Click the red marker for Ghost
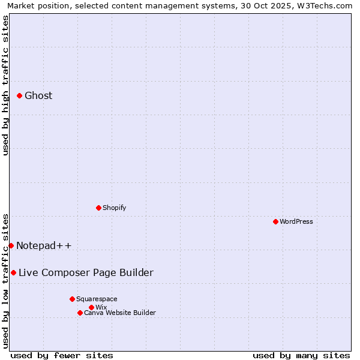19,95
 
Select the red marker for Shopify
98,208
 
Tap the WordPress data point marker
275,221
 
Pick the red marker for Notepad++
11,245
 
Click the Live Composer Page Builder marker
13,272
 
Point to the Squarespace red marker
72,299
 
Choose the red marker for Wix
91,307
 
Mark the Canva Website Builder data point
80,313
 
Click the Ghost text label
38,95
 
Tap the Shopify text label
114,208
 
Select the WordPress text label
296,221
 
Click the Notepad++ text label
44,245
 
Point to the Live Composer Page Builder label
86,272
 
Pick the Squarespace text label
97,299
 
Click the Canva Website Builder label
120,313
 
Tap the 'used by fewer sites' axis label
62,355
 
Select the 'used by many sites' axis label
301,355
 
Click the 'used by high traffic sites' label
5,85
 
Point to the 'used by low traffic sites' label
5,281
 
